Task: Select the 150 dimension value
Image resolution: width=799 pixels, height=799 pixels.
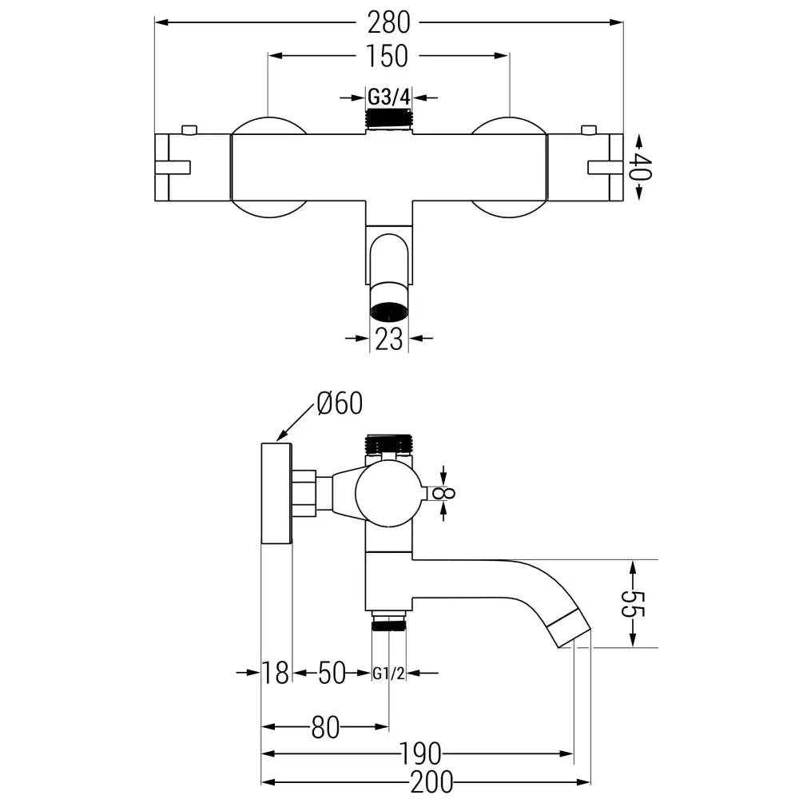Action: (388, 56)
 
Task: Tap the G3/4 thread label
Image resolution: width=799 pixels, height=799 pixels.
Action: (388, 97)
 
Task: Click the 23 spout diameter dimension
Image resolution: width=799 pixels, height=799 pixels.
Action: (389, 339)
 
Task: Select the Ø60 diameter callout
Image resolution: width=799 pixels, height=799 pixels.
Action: (339, 403)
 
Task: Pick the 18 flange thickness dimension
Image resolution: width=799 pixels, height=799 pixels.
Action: (276, 674)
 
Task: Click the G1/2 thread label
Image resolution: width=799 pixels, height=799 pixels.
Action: (389, 674)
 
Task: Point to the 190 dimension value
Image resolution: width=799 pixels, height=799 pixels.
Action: (422, 753)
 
